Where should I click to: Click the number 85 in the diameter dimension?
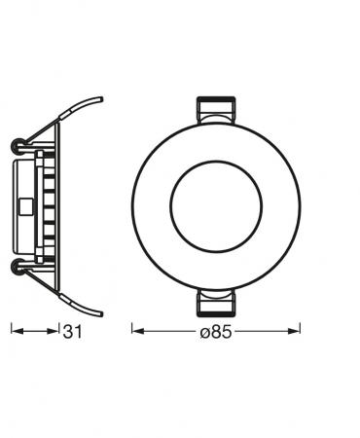(x=223, y=333)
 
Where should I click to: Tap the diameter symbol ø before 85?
(x=205, y=333)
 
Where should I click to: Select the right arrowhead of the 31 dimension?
(x=54, y=332)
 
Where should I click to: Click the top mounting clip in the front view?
(x=215, y=109)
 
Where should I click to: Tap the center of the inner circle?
(x=215, y=204)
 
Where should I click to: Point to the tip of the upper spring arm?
(x=100, y=98)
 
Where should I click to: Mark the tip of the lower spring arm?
(x=100, y=312)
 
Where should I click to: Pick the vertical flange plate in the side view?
(x=59, y=205)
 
